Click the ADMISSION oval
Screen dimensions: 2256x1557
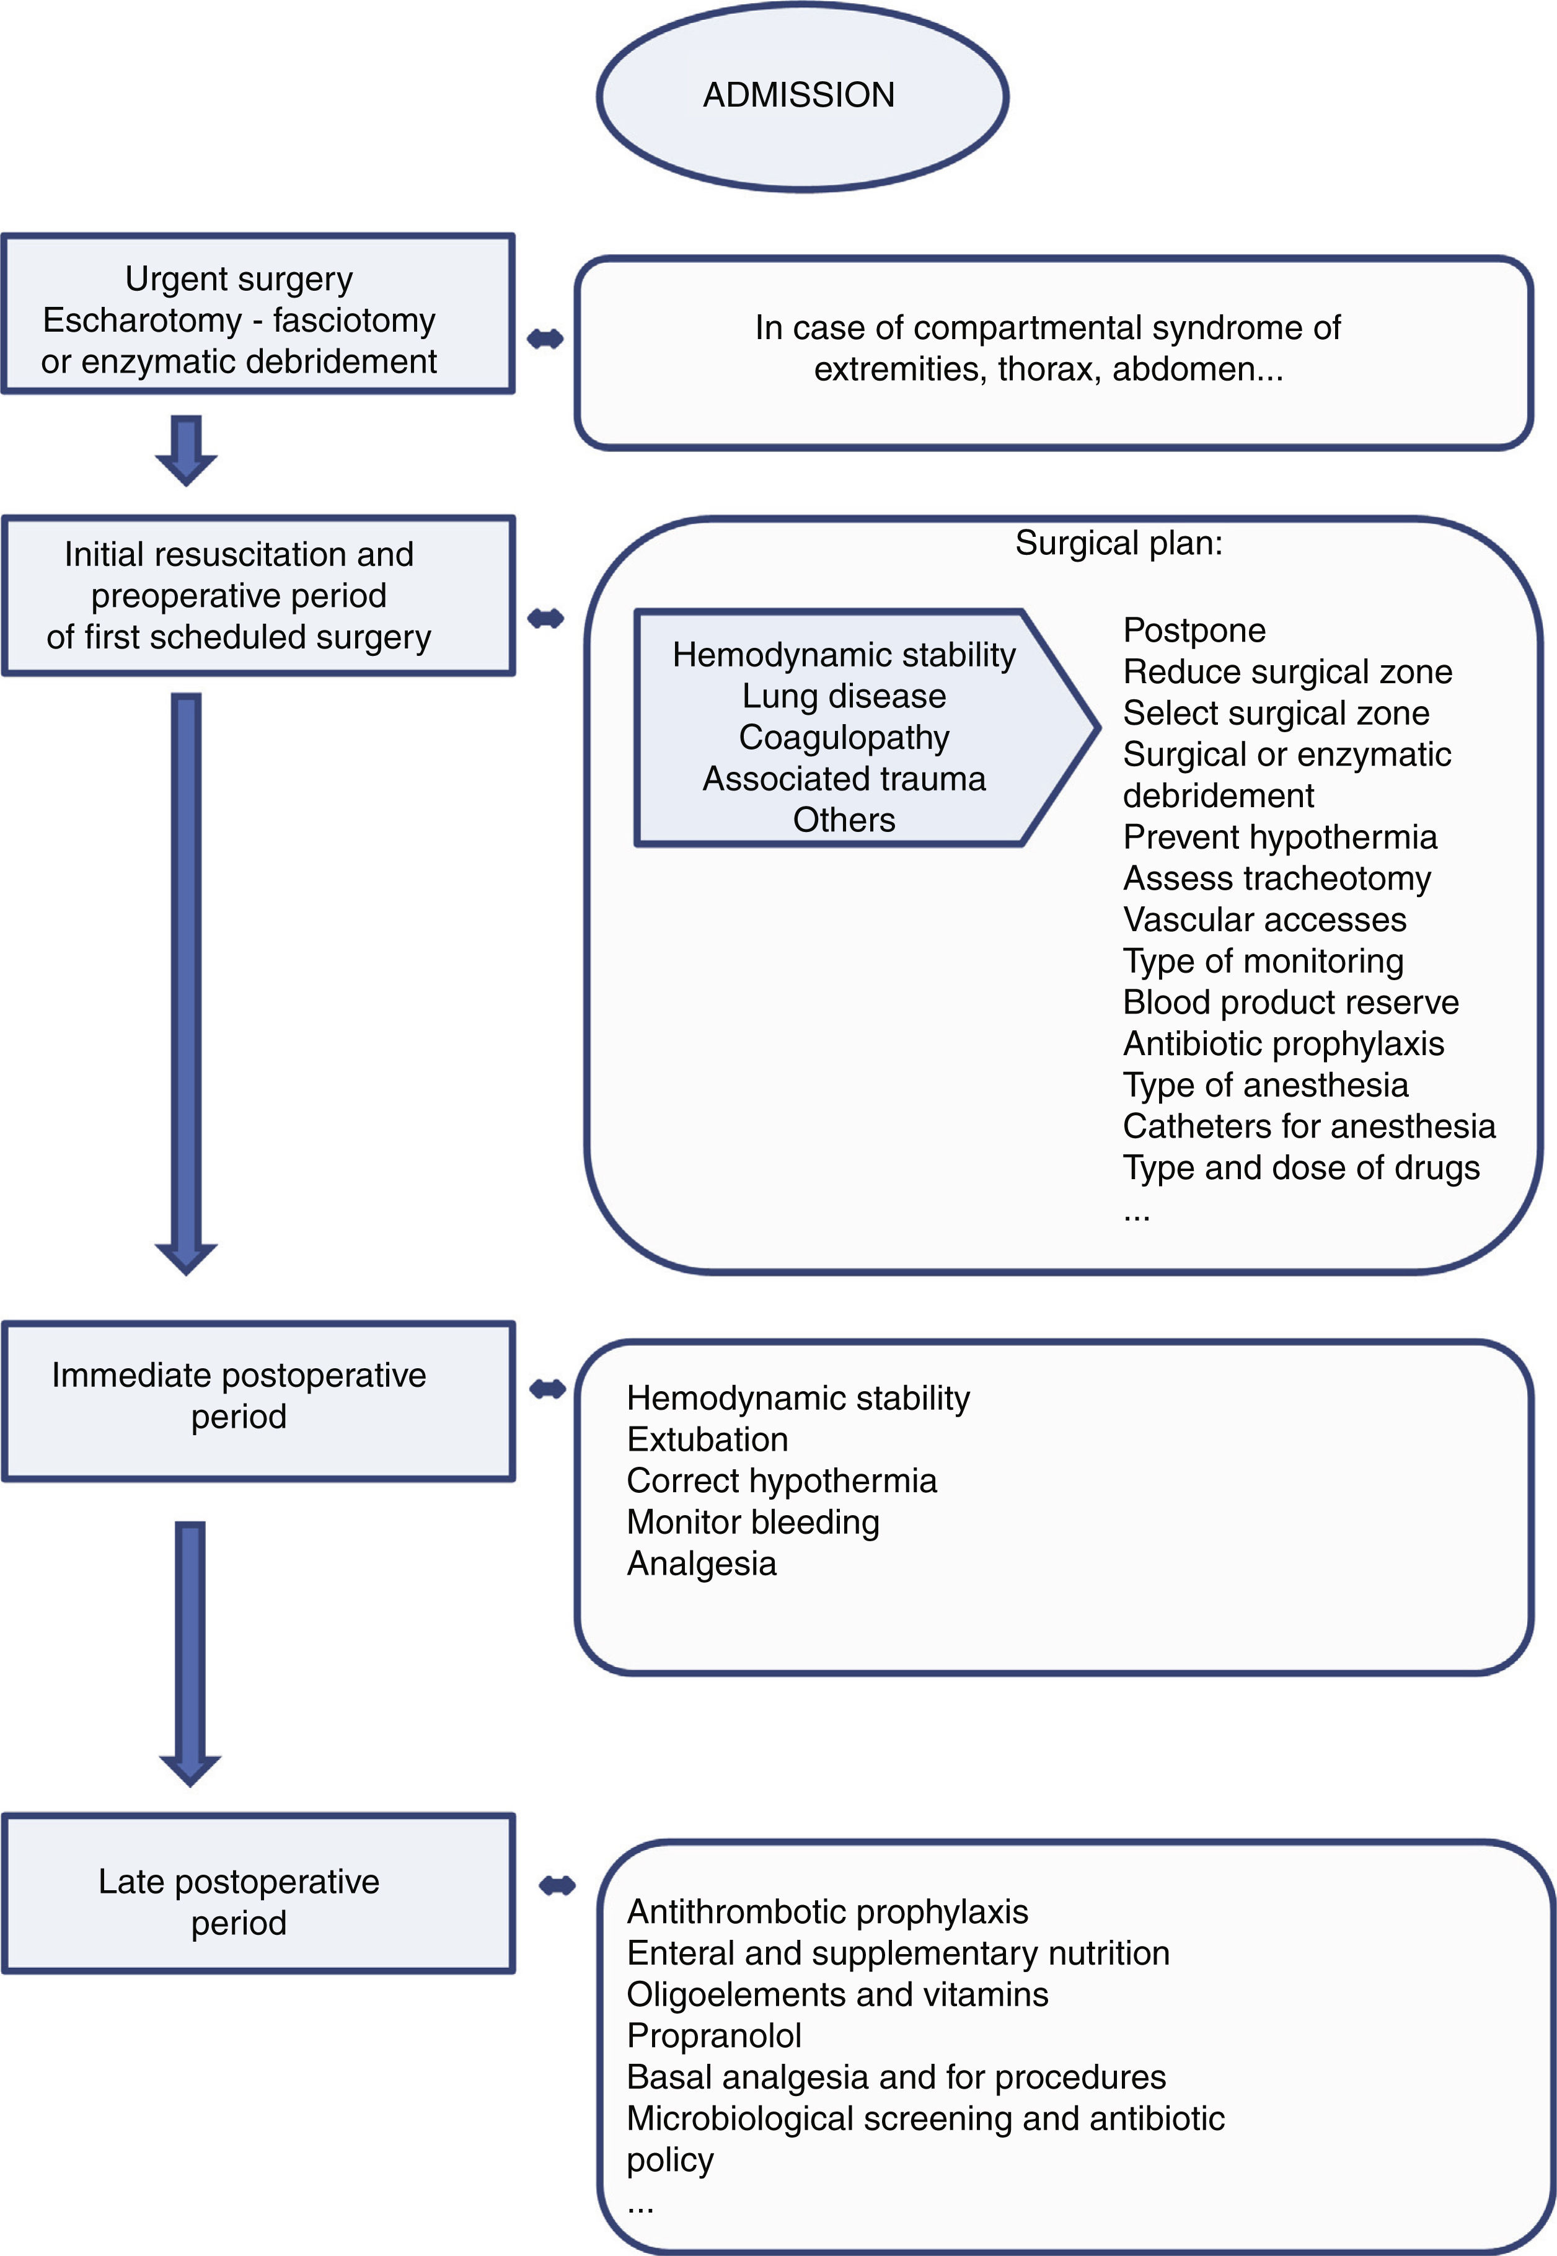(801, 95)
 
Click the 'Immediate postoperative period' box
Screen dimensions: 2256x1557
(258, 1400)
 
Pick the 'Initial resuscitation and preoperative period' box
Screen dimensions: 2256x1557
(258, 595)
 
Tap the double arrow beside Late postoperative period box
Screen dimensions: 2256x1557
(557, 1885)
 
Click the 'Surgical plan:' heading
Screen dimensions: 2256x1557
(1118, 542)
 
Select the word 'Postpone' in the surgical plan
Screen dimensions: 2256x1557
(1194, 630)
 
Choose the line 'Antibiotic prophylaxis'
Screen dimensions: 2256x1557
(1283, 1044)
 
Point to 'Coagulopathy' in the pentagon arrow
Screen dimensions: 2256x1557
(844, 738)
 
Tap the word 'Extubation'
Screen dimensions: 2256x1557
(707, 1440)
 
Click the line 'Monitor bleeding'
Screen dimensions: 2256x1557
(752, 1522)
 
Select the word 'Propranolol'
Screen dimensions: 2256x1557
(714, 2035)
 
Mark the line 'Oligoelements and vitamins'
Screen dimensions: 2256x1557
(837, 1994)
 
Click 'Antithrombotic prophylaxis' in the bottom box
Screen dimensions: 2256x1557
(827, 1911)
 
